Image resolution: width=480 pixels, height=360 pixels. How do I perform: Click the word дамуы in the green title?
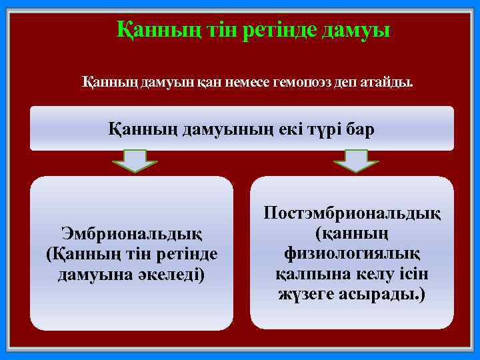coord(357,30)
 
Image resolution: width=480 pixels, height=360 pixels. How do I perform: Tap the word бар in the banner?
coord(360,128)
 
